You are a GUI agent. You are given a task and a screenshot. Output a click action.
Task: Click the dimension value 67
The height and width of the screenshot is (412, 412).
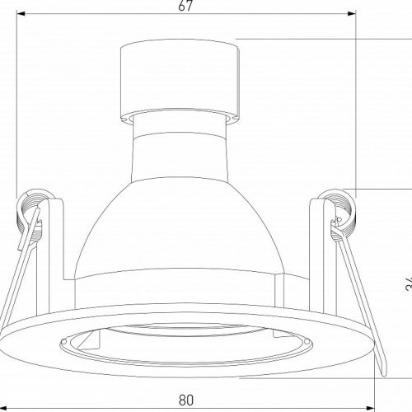pyautogui.click(x=185, y=7)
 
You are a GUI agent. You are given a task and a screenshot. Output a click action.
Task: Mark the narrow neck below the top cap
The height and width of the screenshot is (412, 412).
pyautogui.click(x=179, y=123)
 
